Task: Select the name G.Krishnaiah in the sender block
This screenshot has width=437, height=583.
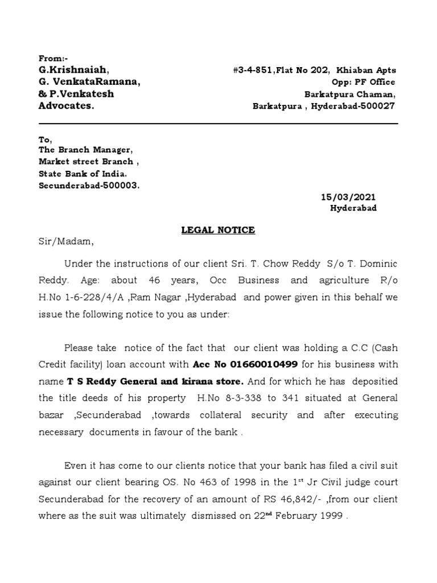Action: (72, 70)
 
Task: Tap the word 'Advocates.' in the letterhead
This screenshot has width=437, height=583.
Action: (67, 106)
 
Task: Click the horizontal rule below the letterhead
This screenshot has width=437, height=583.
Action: (218, 124)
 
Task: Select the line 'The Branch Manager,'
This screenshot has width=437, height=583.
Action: (85, 150)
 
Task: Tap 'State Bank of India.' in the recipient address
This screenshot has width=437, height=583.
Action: (83, 174)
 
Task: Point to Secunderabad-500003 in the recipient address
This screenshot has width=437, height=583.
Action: (88, 186)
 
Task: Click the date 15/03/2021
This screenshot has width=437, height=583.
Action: (348, 197)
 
